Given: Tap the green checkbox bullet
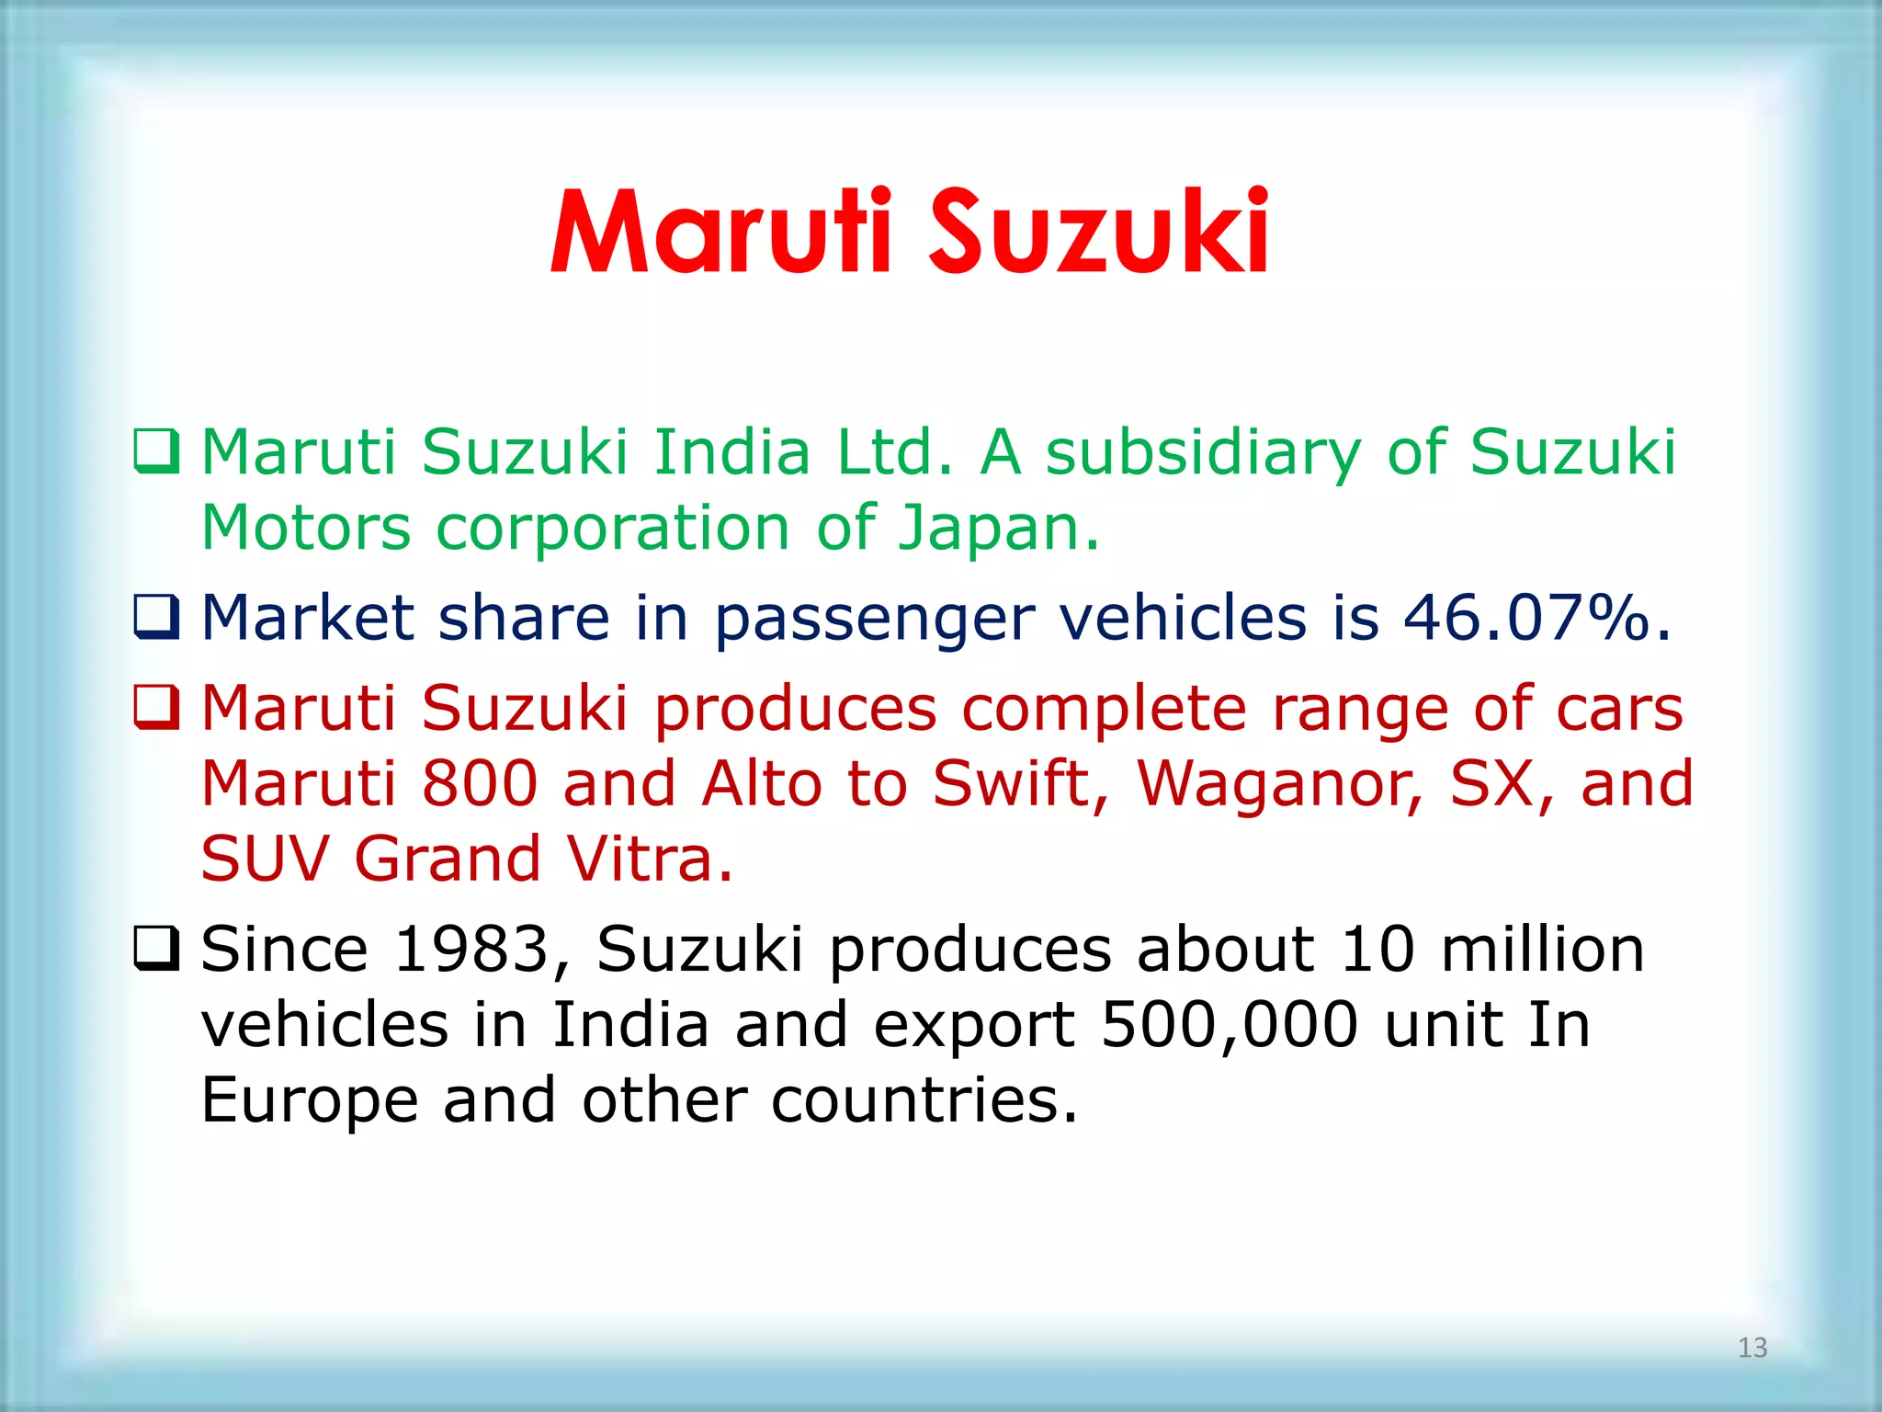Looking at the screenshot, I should click(156, 451).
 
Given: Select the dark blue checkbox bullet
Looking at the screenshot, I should click(156, 616).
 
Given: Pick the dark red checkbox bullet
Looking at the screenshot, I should click(156, 707).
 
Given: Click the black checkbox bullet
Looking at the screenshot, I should click(156, 948).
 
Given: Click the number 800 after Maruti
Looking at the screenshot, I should click(480, 783).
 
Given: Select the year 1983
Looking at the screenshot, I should click(471, 949).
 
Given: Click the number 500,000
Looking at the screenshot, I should click(1230, 1025).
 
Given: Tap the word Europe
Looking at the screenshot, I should click(309, 1101).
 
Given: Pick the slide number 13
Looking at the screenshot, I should click(1752, 1348).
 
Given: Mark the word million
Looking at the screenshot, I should click(1542, 949).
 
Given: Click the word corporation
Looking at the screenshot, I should click(613, 529).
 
